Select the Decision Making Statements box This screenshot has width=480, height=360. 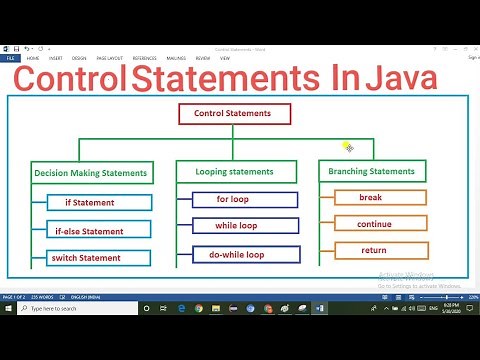pyautogui.click(x=90, y=173)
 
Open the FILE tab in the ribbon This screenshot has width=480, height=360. pyautogui.click(x=11, y=58)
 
